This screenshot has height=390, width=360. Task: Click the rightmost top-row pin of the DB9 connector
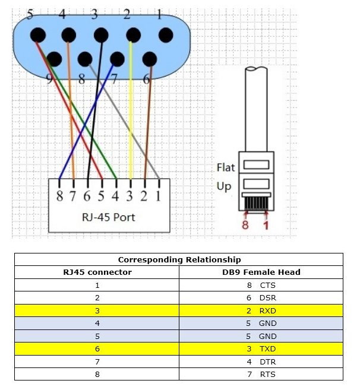(166, 35)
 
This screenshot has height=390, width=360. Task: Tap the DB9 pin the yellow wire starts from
(133, 35)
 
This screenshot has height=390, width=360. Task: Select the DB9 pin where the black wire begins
(101, 35)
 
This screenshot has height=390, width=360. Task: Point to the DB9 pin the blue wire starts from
(117, 59)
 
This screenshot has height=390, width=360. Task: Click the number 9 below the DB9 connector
(49, 79)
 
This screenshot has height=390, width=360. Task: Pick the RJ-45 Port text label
(109, 217)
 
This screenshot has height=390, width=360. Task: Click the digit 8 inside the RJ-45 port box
(59, 196)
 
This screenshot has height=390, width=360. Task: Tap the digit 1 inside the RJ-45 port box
(158, 196)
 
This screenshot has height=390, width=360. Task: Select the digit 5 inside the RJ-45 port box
(101, 196)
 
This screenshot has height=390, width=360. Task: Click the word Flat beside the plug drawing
(226, 167)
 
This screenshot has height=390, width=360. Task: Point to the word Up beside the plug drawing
(224, 186)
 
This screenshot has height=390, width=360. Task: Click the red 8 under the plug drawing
(245, 224)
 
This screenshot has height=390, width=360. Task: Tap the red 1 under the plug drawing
(266, 225)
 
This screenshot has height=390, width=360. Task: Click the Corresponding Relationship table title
(179, 259)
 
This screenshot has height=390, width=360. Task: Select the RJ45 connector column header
(97, 272)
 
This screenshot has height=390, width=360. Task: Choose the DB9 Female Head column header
(261, 272)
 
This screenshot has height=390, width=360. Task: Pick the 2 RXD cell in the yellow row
(261, 310)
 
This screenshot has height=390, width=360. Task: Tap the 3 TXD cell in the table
(261, 348)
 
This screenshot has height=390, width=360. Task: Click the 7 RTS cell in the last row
(261, 374)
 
